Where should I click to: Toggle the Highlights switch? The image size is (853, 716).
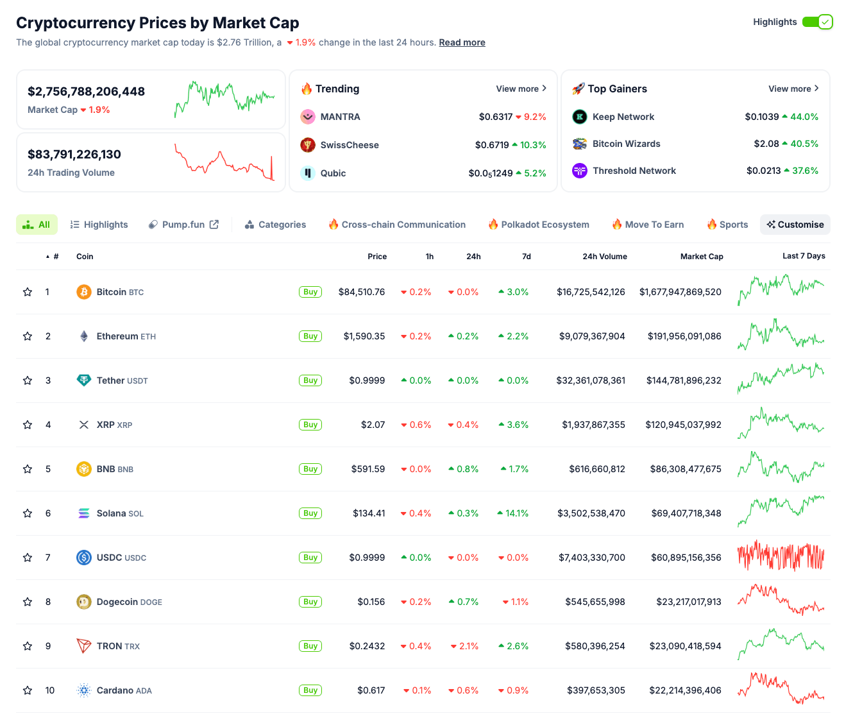[817, 22]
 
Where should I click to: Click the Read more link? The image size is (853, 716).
[462, 42]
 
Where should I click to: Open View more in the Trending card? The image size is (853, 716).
[521, 89]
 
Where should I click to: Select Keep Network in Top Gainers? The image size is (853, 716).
[623, 117]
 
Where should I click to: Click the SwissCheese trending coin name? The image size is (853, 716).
[350, 145]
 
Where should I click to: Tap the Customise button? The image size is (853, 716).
[795, 225]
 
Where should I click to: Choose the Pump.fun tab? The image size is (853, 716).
[183, 225]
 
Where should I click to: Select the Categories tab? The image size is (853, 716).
[275, 225]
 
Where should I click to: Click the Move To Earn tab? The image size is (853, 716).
[648, 225]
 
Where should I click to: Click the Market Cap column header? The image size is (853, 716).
[701, 256]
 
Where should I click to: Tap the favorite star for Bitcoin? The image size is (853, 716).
[28, 292]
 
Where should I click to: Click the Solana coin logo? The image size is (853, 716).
[84, 513]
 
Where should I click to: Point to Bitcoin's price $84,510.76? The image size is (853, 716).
[362, 292]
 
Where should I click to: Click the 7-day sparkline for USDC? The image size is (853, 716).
[781, 557]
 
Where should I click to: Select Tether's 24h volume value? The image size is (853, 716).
[590, 380]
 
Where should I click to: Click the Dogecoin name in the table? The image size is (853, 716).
[117, 602]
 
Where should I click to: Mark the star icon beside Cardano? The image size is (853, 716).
[28, 690]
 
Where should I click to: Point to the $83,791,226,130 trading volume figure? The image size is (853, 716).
[74, 155]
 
